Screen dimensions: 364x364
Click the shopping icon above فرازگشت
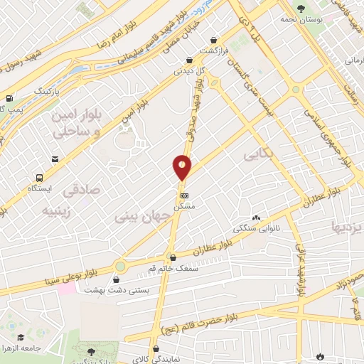click(x=189, y=60)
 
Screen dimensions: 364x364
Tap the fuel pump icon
click(x=9, y=99)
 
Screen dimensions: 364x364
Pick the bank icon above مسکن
click(x=184, y=194)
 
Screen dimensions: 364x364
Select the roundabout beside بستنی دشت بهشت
click(x=120, y=267)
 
